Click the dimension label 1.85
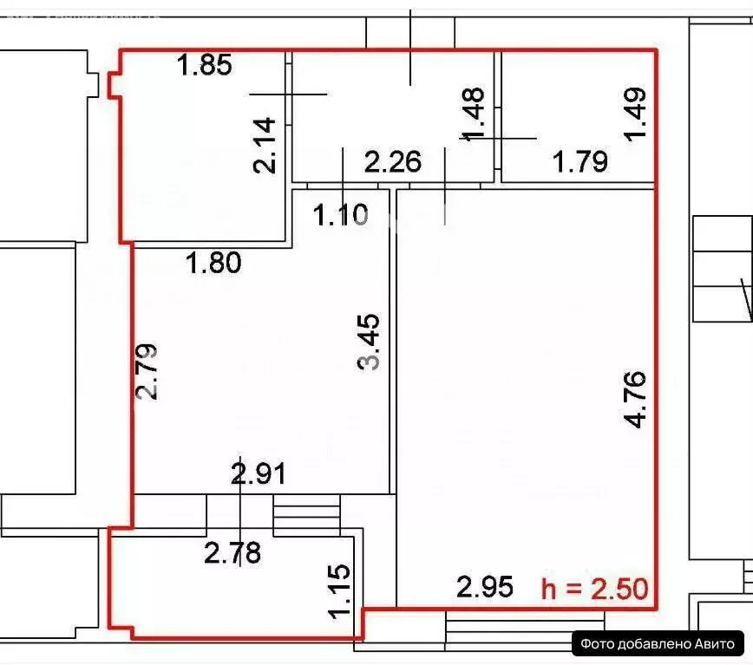coord(205,66)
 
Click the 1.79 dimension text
coord(580,162)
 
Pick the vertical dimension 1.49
coord(635,113)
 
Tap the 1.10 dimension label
coord(341,214)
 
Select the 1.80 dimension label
coord(214,262)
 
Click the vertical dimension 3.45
coord(369,342)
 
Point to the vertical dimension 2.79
coord(147,372)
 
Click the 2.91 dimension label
coord(258,474)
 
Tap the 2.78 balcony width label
coord(232,552)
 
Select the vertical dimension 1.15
coord(341,592)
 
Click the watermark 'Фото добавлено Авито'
coord(658,643)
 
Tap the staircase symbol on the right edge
coord(721,270)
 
